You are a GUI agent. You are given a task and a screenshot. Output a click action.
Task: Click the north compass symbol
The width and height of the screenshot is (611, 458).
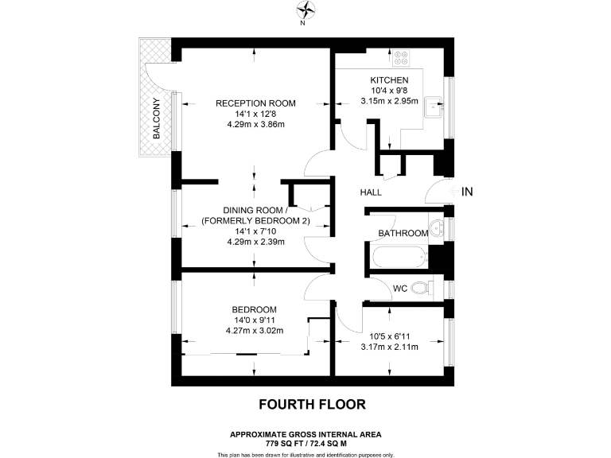pos(305,10)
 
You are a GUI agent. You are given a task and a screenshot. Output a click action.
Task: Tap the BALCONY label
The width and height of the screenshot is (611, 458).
pos(157,118)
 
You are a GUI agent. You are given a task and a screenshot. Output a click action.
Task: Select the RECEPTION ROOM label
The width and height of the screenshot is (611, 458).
pos(255,103)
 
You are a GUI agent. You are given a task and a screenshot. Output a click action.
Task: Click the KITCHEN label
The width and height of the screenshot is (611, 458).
pos(389,80)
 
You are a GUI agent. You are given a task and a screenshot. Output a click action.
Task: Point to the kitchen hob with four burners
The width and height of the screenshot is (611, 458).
pos(401,58)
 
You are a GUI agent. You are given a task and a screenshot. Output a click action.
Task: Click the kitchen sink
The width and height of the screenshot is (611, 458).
pos(433,104)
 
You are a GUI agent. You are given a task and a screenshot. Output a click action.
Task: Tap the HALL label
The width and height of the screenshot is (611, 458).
pos(371,192)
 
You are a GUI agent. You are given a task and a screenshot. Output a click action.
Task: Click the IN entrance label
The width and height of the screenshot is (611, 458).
pos(467,192)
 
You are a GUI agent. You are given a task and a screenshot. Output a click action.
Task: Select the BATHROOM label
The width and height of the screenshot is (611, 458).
pos(403,233)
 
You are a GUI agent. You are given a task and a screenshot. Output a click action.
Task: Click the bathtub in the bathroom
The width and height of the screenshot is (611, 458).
pos(397,256)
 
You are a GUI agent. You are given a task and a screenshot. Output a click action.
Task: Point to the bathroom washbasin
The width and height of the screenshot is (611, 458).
pos(437,228)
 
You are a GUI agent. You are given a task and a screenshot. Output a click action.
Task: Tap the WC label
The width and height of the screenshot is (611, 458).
pos(401,287)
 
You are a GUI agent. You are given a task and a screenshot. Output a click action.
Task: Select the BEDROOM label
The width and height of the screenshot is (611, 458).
pos(255,309)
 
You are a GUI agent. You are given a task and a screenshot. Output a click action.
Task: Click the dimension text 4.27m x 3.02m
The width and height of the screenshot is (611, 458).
pos(255,331)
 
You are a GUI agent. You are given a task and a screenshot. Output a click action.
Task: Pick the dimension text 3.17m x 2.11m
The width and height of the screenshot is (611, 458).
pos(389,346)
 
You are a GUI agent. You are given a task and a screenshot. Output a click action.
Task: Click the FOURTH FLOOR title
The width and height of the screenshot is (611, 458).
pos(313,404)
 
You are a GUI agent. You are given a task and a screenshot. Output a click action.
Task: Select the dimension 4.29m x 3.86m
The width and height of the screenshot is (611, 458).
pos(255,125)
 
